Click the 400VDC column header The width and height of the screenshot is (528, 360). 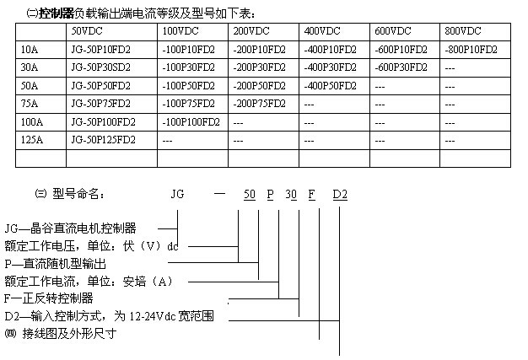(322, 31)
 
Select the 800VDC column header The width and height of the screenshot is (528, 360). (463, 31)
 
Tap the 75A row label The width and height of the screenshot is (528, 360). (30, 104)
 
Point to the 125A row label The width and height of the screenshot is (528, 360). (32, 140)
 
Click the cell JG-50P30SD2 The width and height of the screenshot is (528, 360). (100, 67)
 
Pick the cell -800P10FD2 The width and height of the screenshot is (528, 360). (471, 50)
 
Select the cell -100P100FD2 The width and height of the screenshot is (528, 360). (191, 121)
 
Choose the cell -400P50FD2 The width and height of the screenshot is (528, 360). (330, 86)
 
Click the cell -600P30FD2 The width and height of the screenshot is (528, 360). (401, 67)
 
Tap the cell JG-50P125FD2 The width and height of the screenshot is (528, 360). (104, 140)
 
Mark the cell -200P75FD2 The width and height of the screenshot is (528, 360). (259, 104)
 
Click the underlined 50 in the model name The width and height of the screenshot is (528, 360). (250, 195)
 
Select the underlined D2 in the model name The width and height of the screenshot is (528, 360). (340, 195)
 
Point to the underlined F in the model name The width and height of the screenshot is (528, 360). (312, 195)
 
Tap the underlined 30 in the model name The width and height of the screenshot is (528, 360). (291, 195)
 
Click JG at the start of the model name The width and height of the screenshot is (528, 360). (177, 194)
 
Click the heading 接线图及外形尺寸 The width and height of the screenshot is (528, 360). (69, 334)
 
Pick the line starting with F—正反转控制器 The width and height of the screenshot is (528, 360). (49, 298)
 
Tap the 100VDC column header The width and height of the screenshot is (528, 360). (180, 31)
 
